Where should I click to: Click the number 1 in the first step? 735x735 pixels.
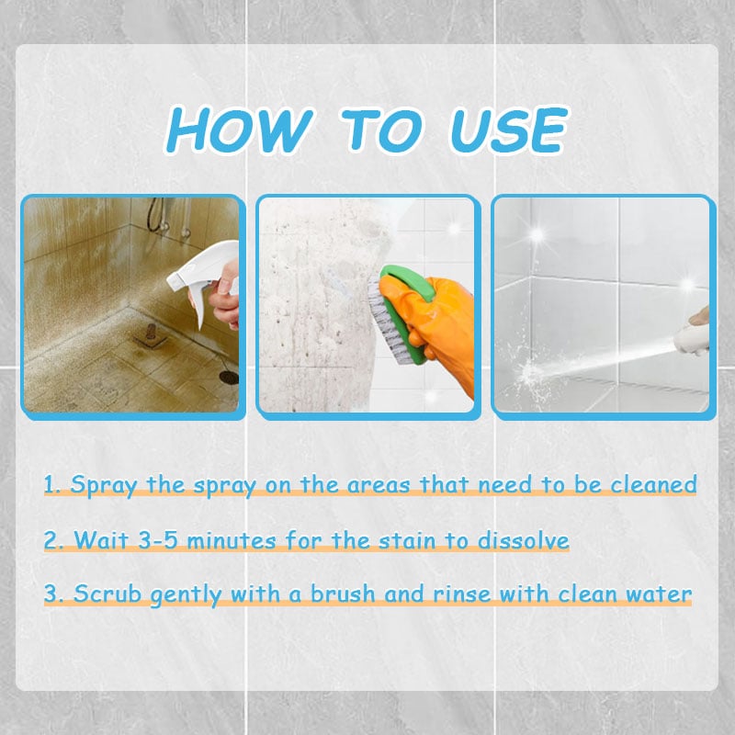click(51, 484)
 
